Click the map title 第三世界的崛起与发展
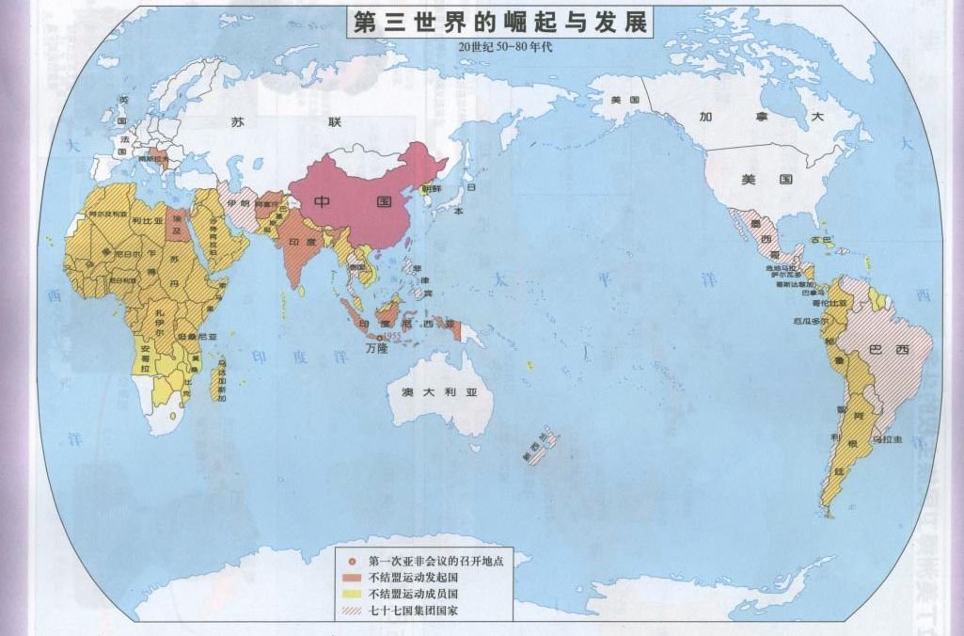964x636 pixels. [499, 24]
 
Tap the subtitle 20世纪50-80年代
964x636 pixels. [498, 47]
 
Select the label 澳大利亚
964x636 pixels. [434, 391]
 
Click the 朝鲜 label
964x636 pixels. [431, 188]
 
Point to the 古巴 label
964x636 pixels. [822, 240]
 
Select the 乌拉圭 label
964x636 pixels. [888, 439]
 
